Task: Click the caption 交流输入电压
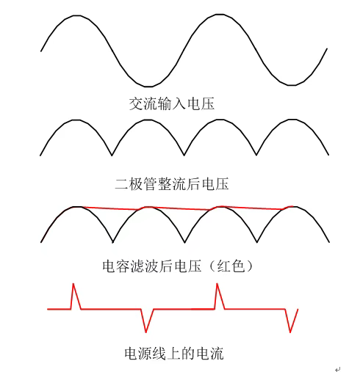(x=172, y=103)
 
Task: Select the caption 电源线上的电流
(x=174, y=354)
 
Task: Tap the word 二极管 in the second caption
(x=136, y=183)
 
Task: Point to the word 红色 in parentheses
(x=231, y=266)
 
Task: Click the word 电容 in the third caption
(x=116, y=266)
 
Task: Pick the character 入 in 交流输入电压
(x=179, y=103)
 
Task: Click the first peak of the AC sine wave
(x=76, y=15)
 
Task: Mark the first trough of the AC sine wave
(x=148, y=87)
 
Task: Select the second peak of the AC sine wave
(x=220, y=15)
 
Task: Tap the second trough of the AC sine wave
(x=291, y=85)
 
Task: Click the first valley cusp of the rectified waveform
(x=112, y=156)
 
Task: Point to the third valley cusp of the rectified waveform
(x=256, y=155)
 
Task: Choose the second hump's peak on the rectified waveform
(x=148, y=120)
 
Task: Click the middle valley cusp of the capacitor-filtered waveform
(x=184, y=242)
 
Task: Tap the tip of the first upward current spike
(x=73, y=284)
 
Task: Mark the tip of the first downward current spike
(x=146, y=332)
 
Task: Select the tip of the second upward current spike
(x=217, y=283)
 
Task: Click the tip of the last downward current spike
(x=290, y=332)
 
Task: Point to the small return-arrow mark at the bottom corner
(x=338, y=369)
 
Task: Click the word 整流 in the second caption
(x=172, y=183)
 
